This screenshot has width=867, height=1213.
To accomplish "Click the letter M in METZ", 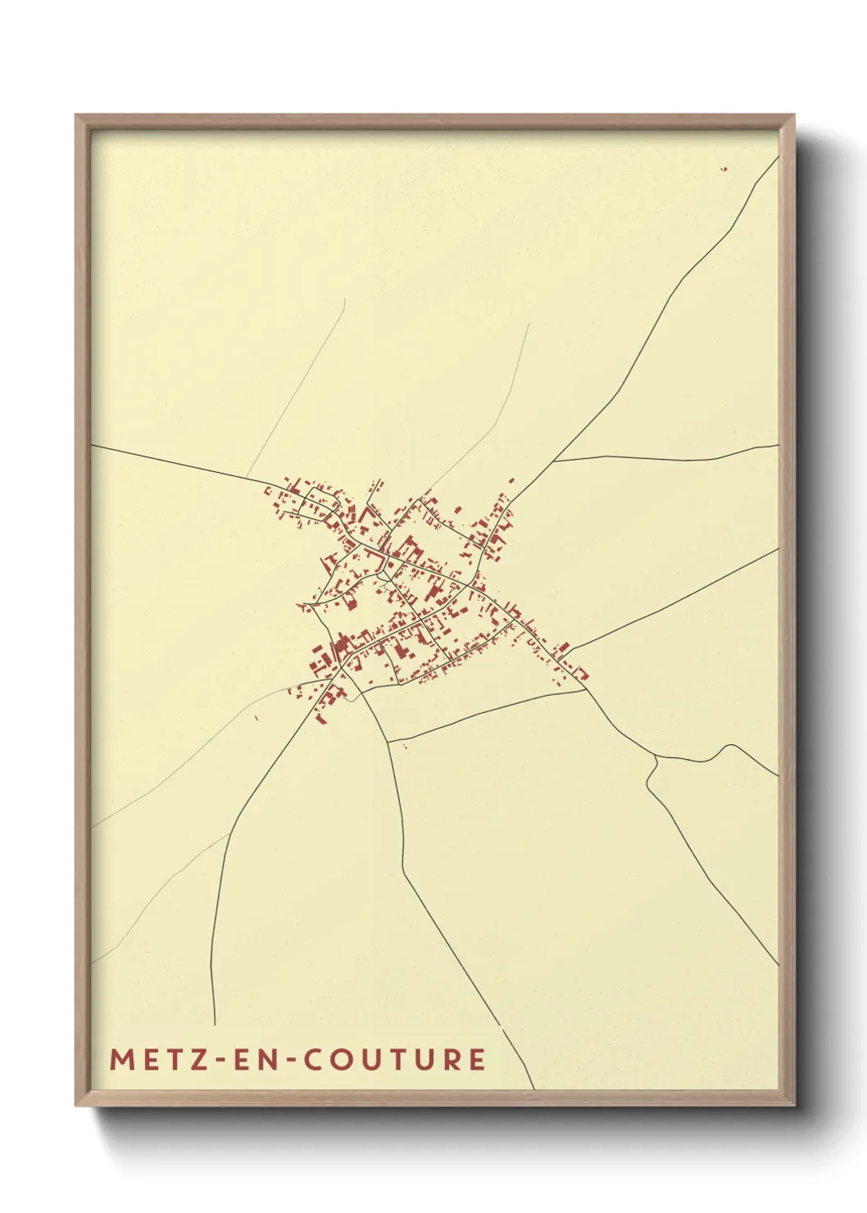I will (121, 1059).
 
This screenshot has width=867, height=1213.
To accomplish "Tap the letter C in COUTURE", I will (315, 1059).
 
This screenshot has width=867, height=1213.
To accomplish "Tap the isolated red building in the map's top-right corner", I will (724, 169).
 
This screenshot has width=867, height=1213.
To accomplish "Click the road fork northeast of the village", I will (554, 461).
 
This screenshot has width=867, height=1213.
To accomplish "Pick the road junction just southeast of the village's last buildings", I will (583, 689).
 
